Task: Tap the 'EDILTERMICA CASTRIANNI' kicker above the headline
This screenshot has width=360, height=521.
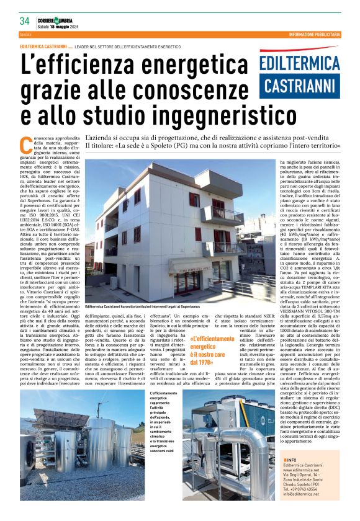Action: (x=43, y=47)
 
